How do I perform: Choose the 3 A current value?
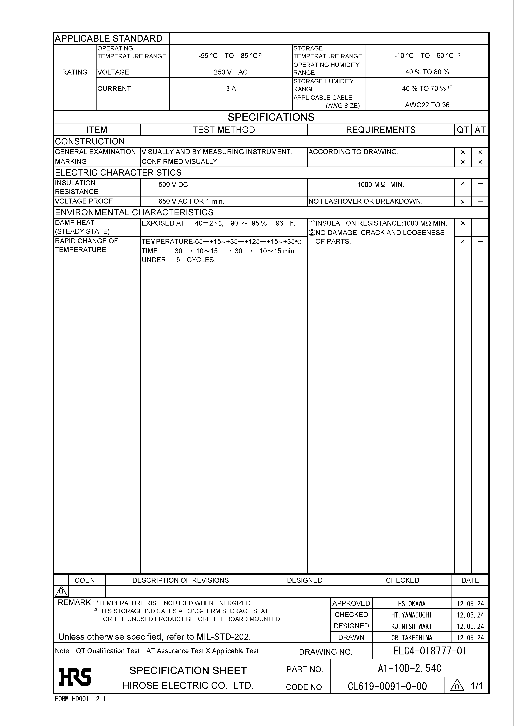pyautogui.click(x=231, y=88)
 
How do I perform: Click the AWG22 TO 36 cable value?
pyautogui.click(x=427, y=105)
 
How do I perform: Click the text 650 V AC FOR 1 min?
pyautogui.click(x=191, y=201)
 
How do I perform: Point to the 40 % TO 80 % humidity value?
pyautogui.click(x=427, y=72)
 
